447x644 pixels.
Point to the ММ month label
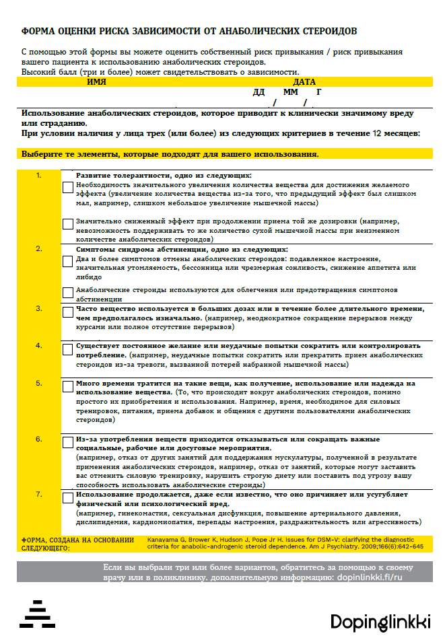click(290, 92)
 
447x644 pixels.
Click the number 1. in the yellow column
click(39, 176)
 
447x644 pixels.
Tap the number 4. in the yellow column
click(39, 345)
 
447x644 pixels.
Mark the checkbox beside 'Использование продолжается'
click(68, 498)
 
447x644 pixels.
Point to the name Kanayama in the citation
click(163, 540)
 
